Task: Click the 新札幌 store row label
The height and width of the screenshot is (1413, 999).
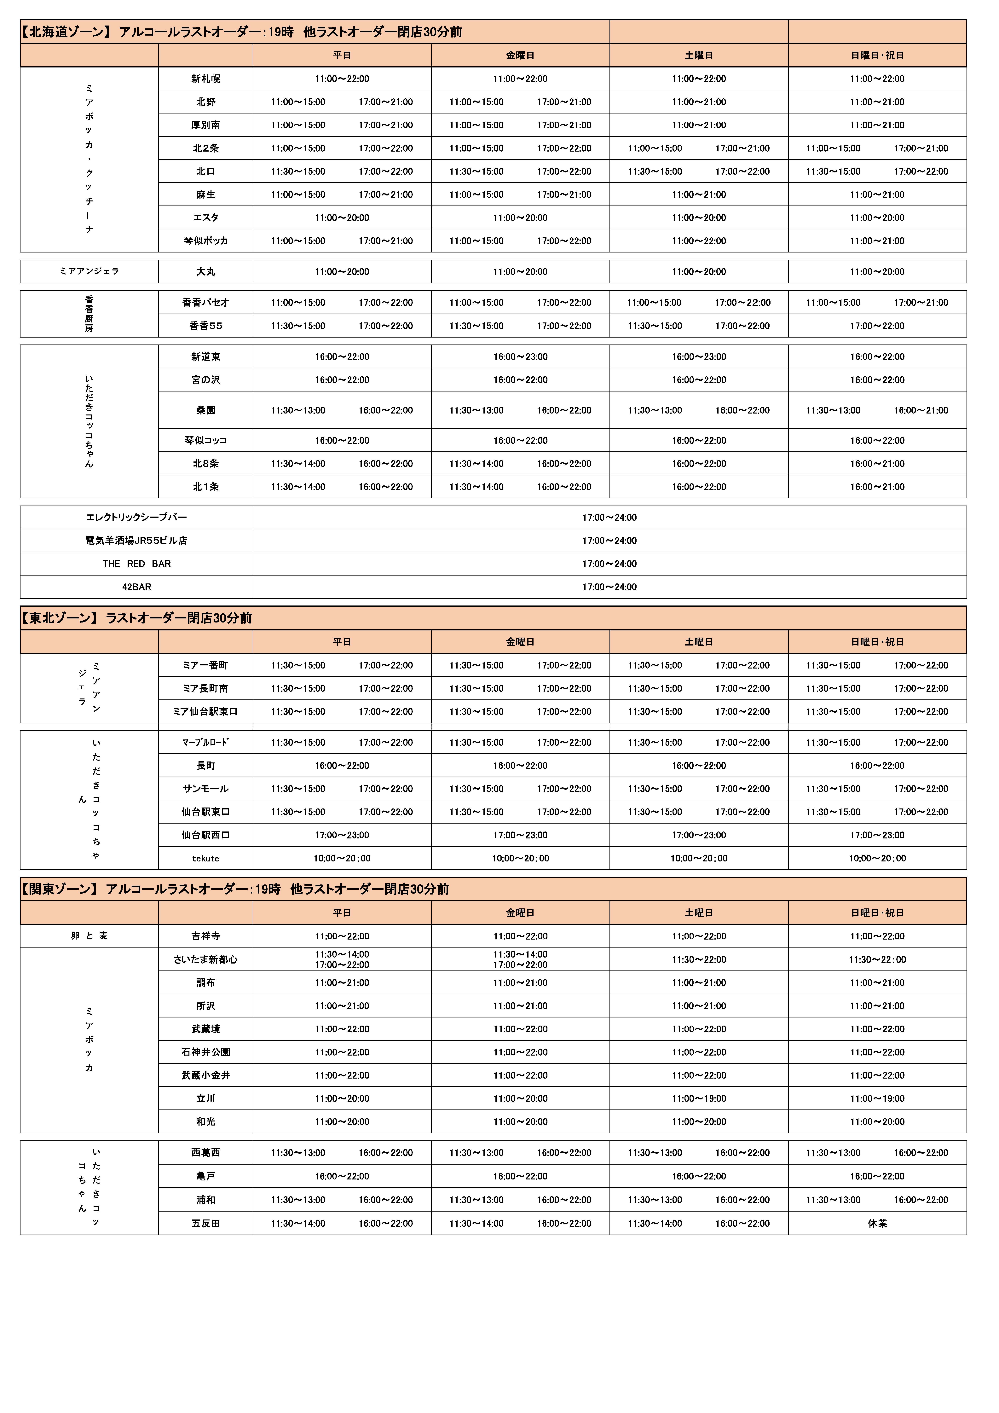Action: tap(206, 79)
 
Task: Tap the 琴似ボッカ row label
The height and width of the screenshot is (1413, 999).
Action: tap(206, 241)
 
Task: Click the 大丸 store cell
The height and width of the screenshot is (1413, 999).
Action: tap(206, 271)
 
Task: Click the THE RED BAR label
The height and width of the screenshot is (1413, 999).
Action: tap(137, 564)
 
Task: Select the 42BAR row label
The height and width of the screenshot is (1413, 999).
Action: tap(137, 587)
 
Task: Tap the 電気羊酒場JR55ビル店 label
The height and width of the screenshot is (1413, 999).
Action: tap(137, 540)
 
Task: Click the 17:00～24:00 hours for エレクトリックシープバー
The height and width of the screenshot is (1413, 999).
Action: tap(609, 518)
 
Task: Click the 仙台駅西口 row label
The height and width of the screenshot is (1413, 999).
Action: tap(206, 835)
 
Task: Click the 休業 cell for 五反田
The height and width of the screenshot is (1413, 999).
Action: tap(877, 1224)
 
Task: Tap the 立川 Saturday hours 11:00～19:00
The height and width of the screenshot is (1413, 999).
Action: tap(699, 1098)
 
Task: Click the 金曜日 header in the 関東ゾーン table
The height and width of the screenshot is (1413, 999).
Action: tap(520, 913)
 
